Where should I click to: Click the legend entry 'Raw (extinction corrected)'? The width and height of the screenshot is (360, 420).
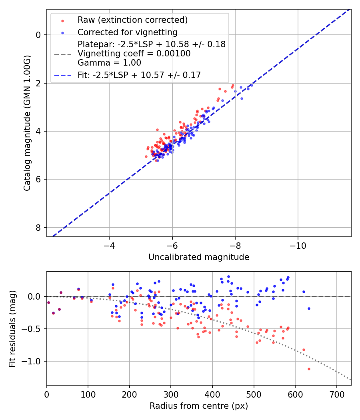[132, 20]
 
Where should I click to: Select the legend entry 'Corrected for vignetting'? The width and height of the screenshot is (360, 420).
[127, 32]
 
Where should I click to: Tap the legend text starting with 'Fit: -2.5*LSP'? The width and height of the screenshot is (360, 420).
[139, 75]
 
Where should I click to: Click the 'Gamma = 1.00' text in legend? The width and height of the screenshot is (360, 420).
[109, 62]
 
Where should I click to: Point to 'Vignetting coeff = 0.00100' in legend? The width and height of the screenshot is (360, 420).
[134, 53]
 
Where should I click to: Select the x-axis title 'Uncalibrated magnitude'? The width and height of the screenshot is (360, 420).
[199, 257]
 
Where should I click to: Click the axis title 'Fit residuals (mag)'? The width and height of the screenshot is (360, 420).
[12, 328]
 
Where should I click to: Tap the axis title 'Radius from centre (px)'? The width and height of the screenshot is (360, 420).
[199, 406]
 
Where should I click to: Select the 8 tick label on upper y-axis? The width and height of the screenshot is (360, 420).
[38, 228]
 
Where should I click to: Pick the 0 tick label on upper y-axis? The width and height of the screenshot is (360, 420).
[38, 35]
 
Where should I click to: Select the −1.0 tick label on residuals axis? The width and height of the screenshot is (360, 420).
[33, 361]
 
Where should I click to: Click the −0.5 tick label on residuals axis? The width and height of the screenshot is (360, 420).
[33, 329]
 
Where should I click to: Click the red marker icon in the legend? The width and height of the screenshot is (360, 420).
[62, 20]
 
